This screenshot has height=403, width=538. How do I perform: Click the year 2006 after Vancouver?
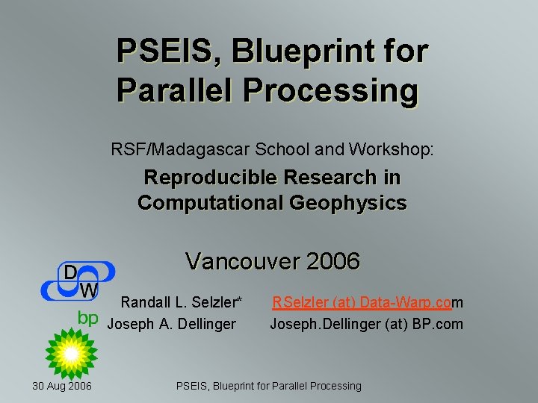[x=333, y=262]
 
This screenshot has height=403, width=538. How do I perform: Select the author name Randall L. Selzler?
[x=182, y=302]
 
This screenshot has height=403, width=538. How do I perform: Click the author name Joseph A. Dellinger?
[x=172, y=324]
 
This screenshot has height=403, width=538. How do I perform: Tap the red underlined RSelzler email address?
[x=367, y=302]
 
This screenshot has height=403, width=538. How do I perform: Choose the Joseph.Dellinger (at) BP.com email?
[x=366, y=324]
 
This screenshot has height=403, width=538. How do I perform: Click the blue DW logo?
[x=78, y=281]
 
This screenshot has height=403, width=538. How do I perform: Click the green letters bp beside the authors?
[x=88, y=318]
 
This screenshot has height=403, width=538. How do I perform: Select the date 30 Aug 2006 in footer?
[x=62, y=386]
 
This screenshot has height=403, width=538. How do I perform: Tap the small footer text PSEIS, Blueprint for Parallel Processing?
[x=268, y=386]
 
